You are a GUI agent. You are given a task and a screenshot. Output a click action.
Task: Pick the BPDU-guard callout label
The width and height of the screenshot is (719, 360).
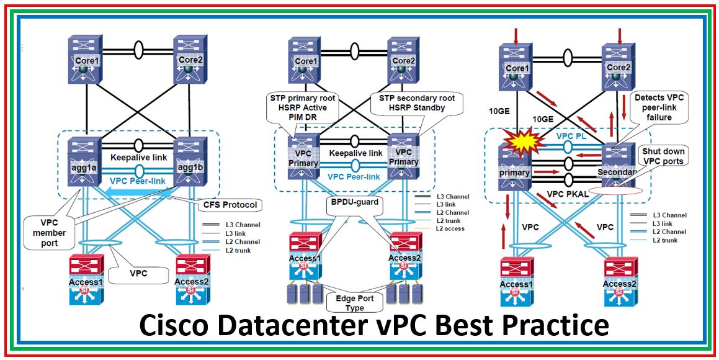pyautogui.click(x=354, y=201)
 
